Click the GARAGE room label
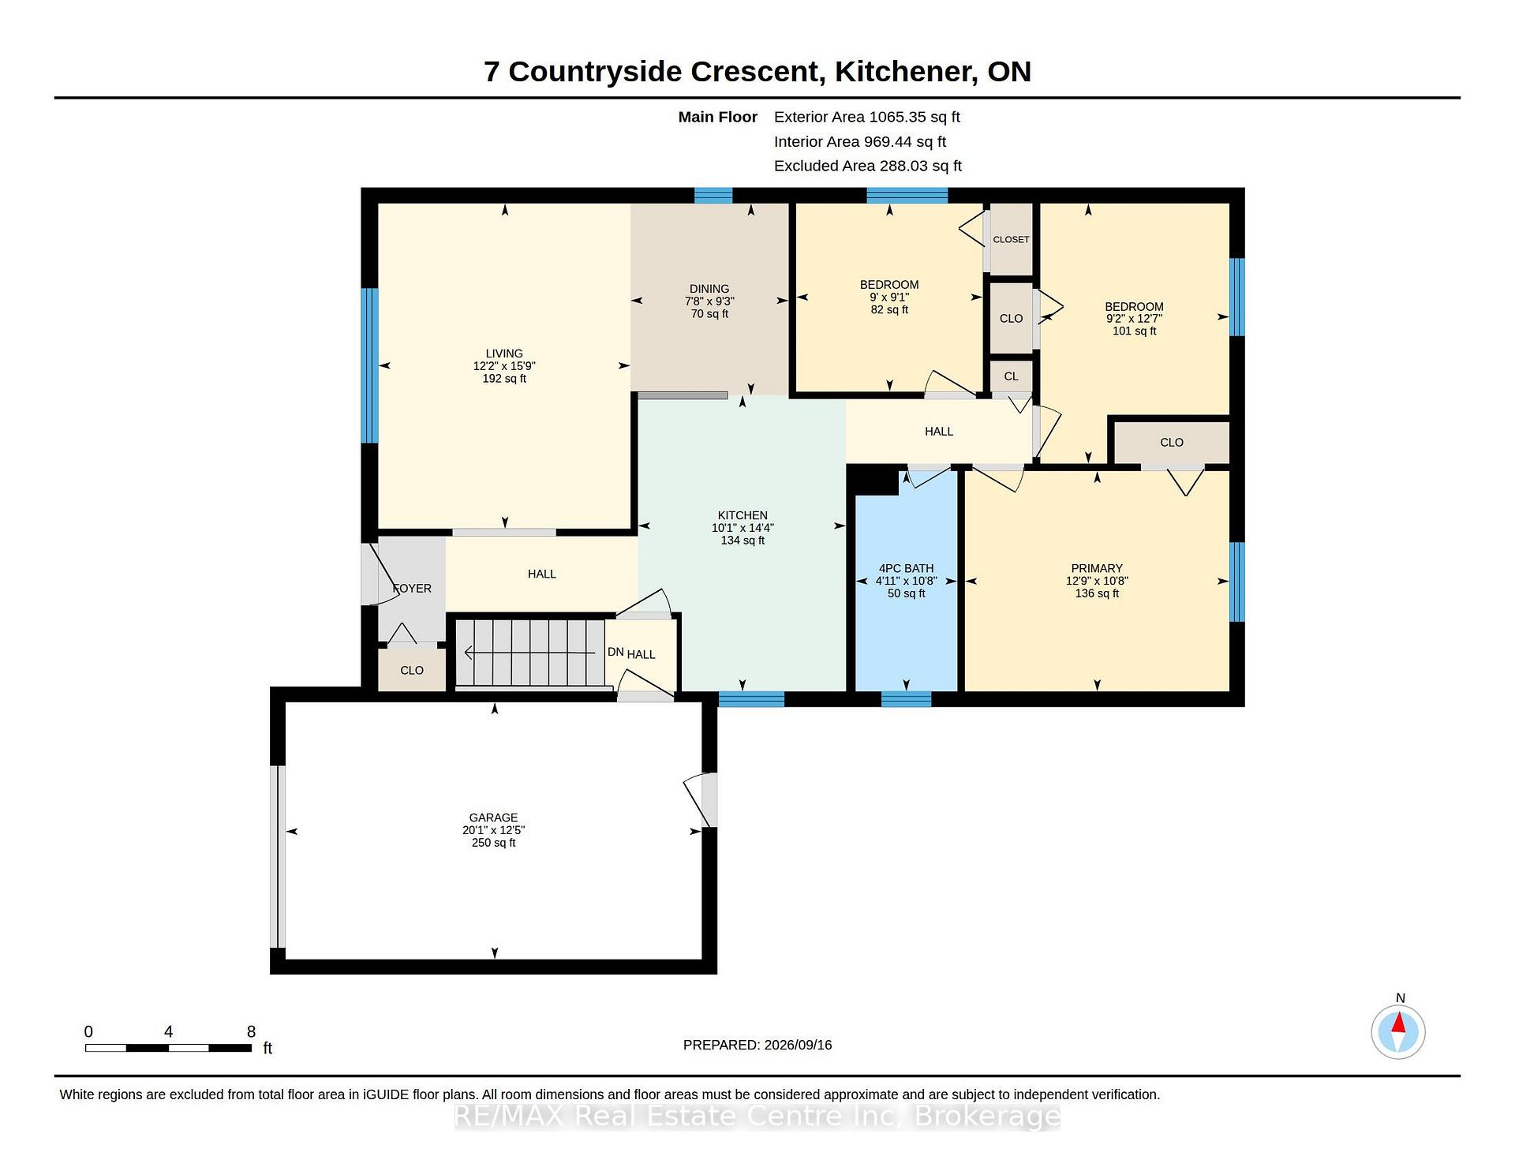click(493, 817)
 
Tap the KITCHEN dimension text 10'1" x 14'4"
click(743, 528)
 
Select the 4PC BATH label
click(906, 568)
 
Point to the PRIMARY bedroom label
click(1097, 568)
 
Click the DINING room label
click(709, 289)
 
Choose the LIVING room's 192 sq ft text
click(504, 379)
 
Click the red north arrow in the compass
click(1398, 1023)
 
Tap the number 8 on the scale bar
click(251, 1031)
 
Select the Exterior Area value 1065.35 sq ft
click(915, 117)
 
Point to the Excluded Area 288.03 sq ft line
click(868, 166)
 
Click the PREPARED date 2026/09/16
click(798, 1045)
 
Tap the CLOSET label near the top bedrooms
click(1011, 239)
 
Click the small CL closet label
click(1011, 376)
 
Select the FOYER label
click(412, 589)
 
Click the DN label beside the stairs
click(615, 652)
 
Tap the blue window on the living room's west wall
click(369, 365)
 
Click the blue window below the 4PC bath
click(906, 698)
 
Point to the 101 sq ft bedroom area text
click(1134, 331)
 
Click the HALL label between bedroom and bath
click(939, 432)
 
